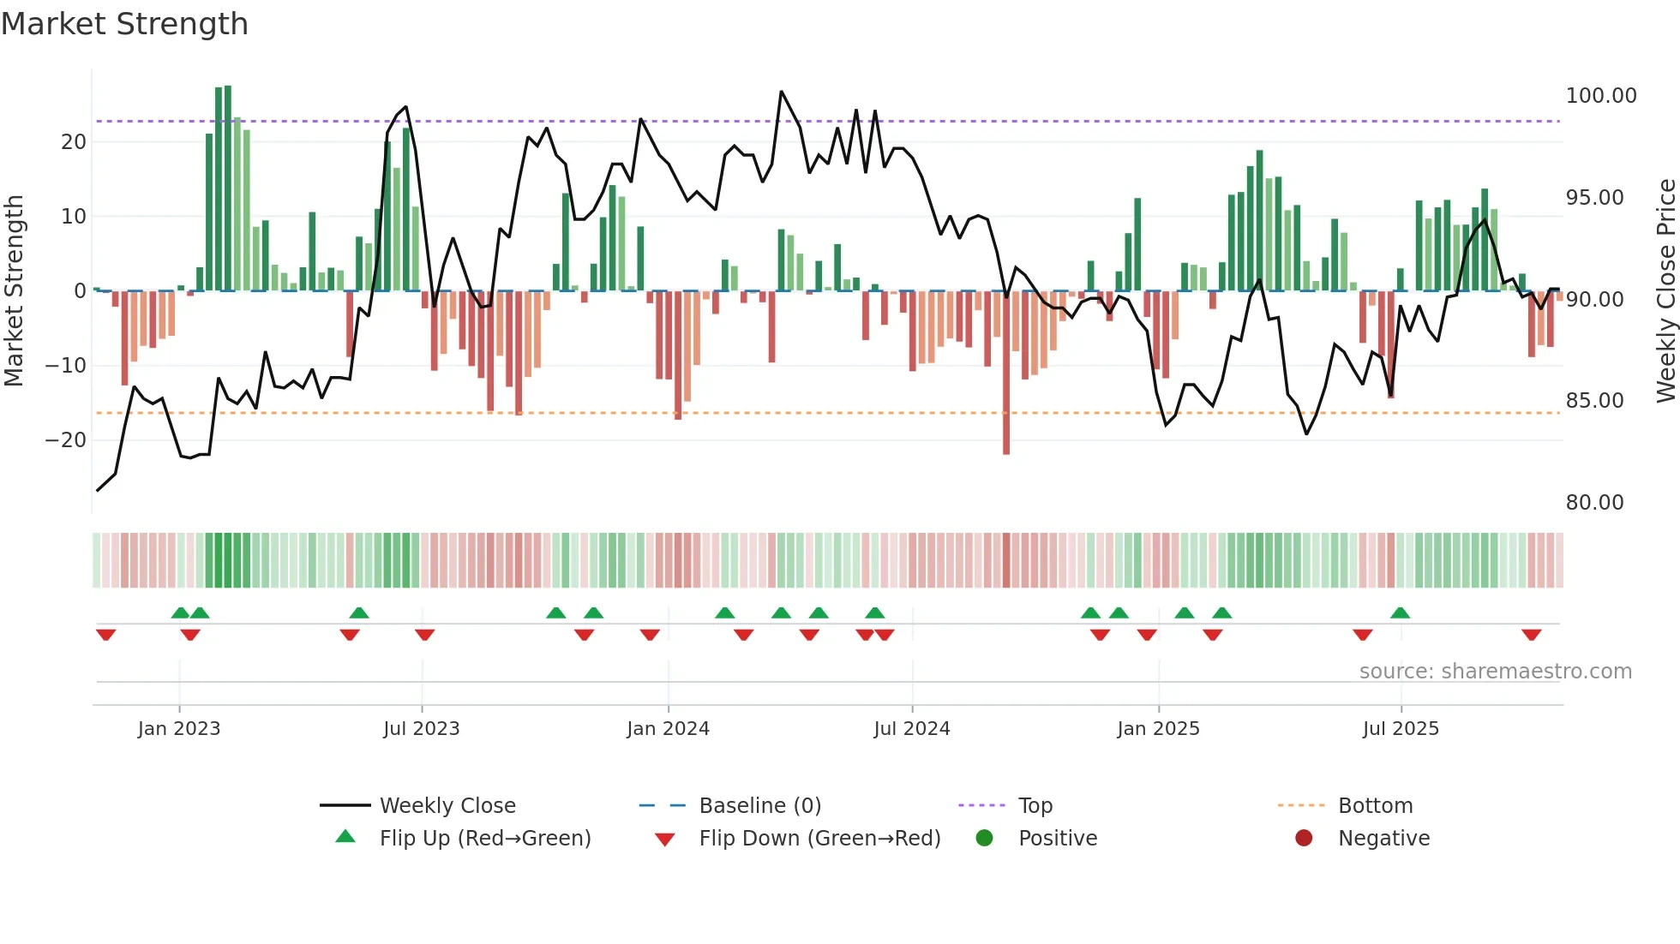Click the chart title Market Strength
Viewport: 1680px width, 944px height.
(x=124, y=24)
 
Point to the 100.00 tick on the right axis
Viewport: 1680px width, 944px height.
(x=1600, y=96)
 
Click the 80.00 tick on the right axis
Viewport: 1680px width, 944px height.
(x=1594, y=503)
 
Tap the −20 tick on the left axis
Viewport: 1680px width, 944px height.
(x=66, y=440)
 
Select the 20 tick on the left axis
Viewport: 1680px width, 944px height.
(x=74, y=142)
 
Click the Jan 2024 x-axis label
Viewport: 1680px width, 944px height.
(x=668, y=729)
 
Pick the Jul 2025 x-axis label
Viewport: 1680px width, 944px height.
(x=1401, y=729)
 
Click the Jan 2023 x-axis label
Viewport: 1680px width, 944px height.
(x=179, y=729)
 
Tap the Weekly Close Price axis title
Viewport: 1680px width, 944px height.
(x=1665, y=291)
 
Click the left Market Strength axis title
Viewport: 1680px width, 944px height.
(x=14, y=291)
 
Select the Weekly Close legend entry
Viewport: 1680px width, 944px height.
(x=447, y=806)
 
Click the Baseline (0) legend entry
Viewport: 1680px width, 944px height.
(x=759, y=806)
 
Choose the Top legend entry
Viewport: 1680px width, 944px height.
(x=1035, y=806)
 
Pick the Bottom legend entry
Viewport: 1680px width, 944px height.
(x=1375, y=806)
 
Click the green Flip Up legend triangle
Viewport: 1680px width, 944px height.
(x=345, y=837)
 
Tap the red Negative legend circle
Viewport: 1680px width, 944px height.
(x=1304, y=838)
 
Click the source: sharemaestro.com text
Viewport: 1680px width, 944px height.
(x=1495, y=672)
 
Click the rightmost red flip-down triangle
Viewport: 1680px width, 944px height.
(x=1532, y=635)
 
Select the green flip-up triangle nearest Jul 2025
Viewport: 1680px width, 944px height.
(x=1400, y=612)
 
